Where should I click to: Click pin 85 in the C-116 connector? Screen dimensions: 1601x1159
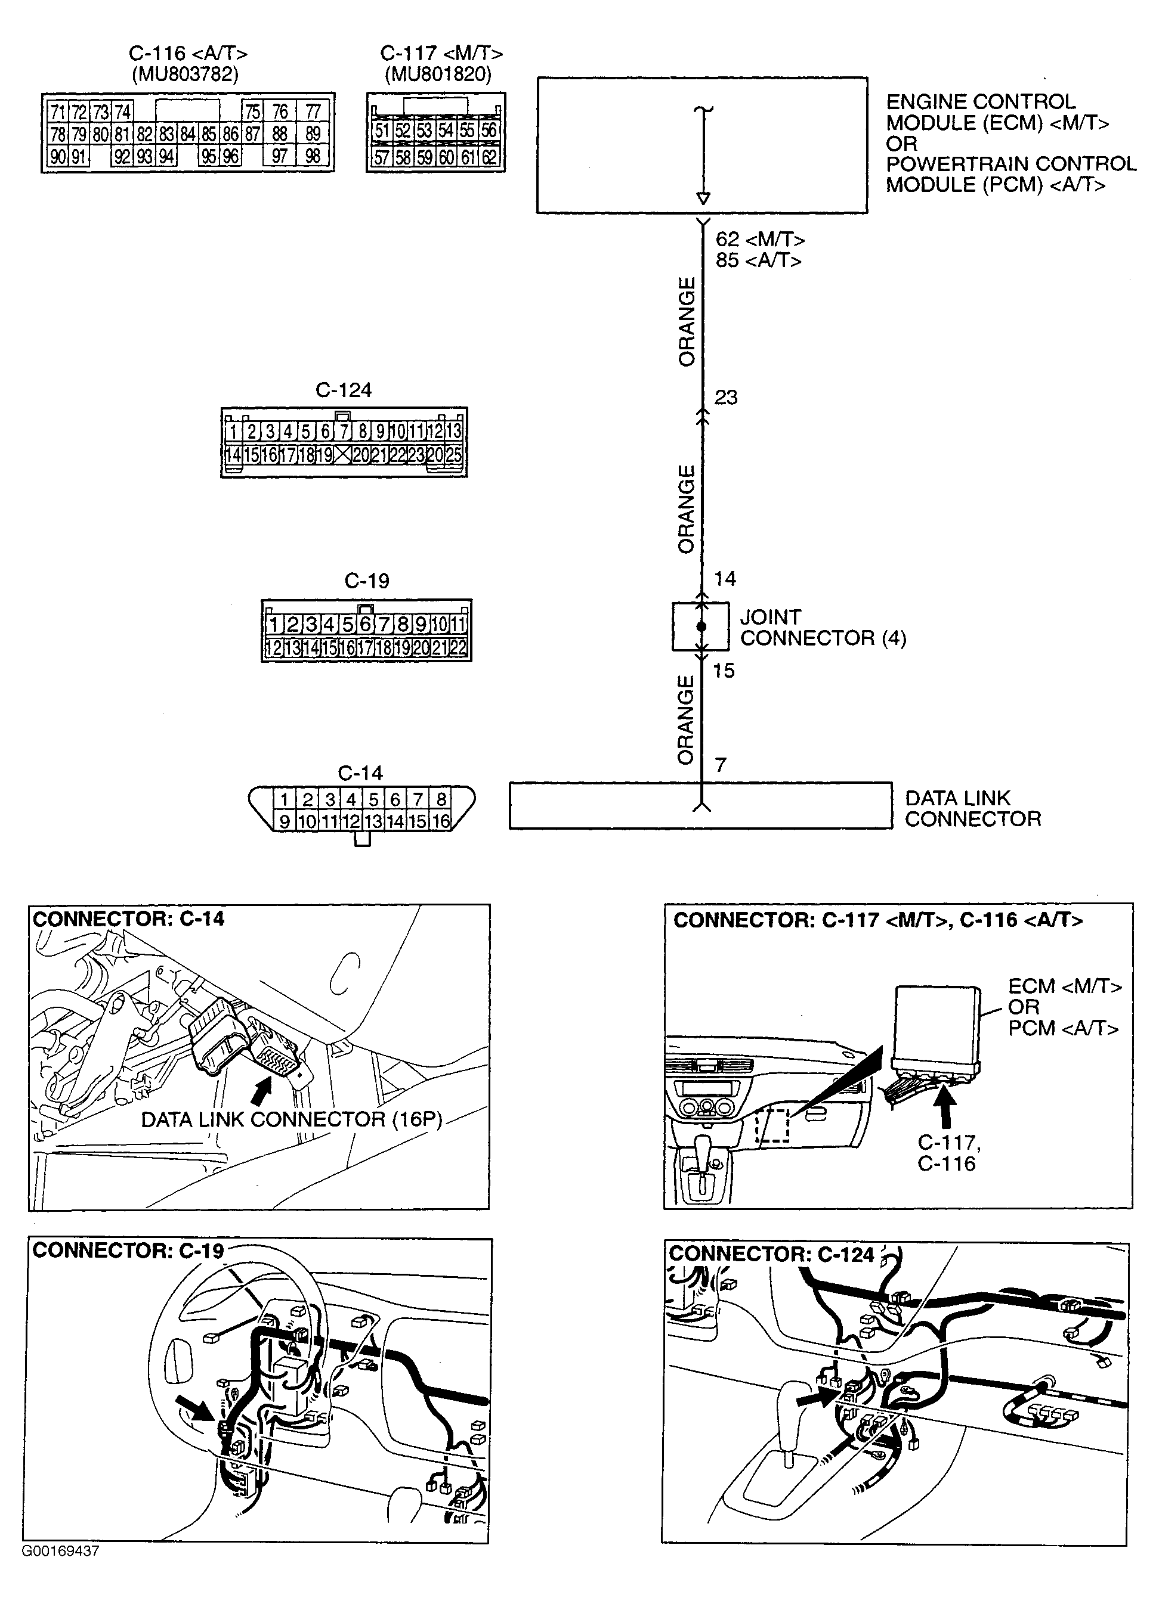[x=208, y=134]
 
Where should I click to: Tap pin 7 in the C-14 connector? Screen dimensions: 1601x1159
[x=418, y=799]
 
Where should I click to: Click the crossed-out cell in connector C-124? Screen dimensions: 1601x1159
[x=342, y=455]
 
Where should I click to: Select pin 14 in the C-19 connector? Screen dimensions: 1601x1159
[x=311, y=647]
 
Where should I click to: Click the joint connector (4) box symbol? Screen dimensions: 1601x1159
[x=700, y=626]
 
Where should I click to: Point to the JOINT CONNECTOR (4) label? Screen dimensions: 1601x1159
[x=822, y=628]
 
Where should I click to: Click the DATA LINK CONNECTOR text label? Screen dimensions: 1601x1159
[x=972, y=808]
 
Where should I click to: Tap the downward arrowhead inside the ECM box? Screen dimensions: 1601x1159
[x=703, y=198]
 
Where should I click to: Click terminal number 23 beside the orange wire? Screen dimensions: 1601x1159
[x=726, y=398]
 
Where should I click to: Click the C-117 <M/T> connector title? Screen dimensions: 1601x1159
[x=441, y=54]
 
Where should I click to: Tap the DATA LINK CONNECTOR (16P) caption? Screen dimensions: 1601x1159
[x=291, y=1119]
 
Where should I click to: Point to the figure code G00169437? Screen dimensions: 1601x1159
[x=60, y=1552]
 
